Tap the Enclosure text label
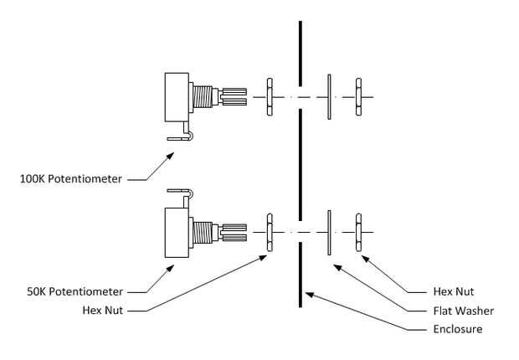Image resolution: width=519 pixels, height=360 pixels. coord(459,329)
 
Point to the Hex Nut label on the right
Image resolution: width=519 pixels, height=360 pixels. coord(453,291)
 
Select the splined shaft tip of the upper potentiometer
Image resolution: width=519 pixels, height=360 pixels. coord(234,97)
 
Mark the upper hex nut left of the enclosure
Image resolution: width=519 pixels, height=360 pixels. coord(270,97)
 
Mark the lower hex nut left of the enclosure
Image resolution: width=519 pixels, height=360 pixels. coord(270,232)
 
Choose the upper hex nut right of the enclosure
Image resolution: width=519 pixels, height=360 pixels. coord(358,97)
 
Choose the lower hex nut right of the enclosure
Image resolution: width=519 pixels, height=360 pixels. coord(358,232)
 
